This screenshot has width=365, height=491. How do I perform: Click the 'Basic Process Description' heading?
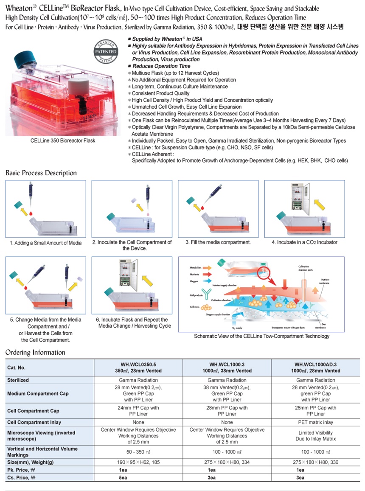pyautogui.click(x=41, y=173)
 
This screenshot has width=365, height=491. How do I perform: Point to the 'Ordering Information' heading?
pyautogui.click(x=35, y=352)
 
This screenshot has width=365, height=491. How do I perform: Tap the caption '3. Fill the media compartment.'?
pyautogui.click(x=218, y=242)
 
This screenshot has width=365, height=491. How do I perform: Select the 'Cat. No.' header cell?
pyautogui.click(x=17, y=368)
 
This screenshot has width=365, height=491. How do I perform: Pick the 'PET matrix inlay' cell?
pyautogui.click(x=316, y=422)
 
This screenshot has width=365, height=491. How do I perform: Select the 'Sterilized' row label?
pyautogui.click(x=18, y=380)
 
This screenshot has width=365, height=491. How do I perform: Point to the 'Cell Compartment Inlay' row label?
pyautogui.click(x=34, y=422)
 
